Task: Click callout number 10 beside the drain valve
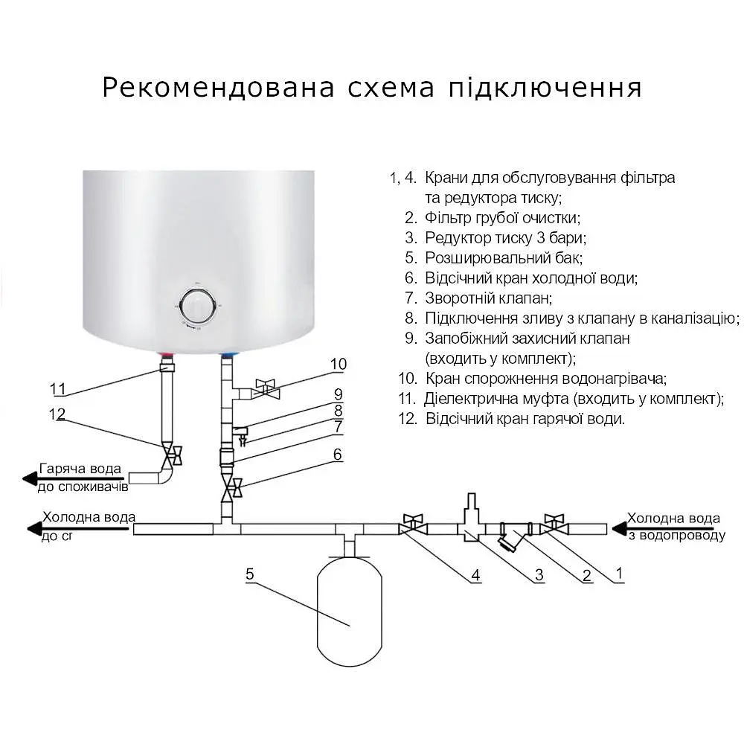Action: pos(339,364)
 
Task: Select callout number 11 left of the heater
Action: pos(58,388)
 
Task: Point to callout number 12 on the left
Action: pos(57,414)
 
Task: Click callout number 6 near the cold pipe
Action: pos(338,454)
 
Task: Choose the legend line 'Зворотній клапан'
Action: pos(488,298)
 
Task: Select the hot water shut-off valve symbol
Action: pos(173,454)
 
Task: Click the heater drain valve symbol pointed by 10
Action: pos(265,388)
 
